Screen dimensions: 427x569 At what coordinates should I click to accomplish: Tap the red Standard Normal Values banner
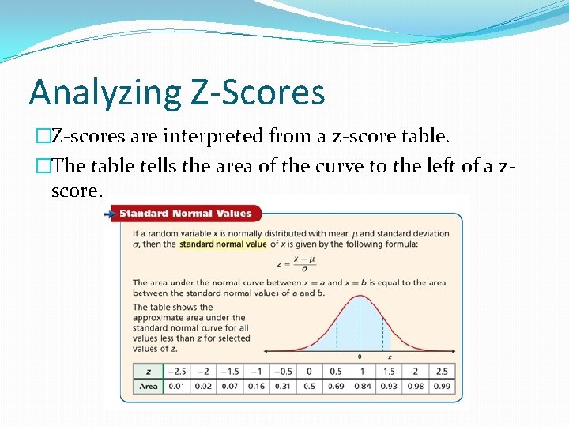187,213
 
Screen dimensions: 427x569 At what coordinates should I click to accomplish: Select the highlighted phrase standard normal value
223,244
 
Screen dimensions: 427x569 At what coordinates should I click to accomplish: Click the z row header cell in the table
148,372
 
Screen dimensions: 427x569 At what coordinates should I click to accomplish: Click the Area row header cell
148,387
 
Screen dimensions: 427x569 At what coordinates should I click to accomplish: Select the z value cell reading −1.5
230,372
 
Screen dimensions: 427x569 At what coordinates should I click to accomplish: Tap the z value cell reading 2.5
442,372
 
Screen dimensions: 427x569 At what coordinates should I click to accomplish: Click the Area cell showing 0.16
256,387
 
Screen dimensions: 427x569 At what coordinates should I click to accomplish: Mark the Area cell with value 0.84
362,387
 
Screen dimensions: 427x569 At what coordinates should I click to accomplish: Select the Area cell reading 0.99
442,387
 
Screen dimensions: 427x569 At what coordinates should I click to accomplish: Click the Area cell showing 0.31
282,387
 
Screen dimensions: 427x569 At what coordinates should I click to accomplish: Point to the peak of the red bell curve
360,297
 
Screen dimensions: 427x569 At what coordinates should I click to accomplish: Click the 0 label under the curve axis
360,357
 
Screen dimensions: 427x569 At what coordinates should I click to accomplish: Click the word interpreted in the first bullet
207,137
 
